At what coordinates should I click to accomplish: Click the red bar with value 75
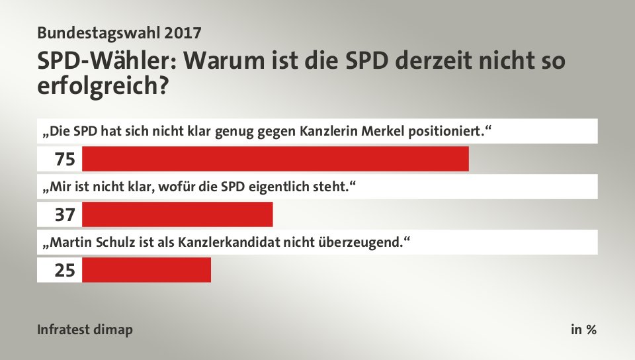[275, 159]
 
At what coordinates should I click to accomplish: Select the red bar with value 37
[177, 214]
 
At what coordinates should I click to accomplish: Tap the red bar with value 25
[146, 270]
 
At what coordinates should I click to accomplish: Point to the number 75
[65, 159]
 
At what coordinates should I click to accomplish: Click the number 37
[65, 214]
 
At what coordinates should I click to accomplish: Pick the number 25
[65, 270]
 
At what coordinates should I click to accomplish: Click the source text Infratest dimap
[85, 330]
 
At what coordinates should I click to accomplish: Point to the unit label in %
[583, 330]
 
